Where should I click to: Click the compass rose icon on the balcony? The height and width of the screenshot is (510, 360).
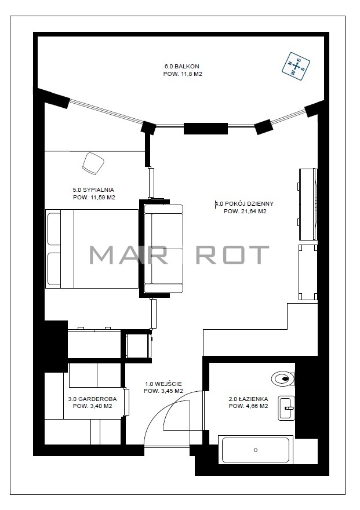point(295,66)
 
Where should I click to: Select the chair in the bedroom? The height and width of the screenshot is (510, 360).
point(93,163)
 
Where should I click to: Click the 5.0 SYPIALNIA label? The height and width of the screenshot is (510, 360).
point(93,190)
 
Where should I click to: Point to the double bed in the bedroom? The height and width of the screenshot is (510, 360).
point(92,249)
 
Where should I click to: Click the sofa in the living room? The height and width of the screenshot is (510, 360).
point(163,249)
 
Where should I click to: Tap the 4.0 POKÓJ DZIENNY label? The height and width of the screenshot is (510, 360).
point(245,204)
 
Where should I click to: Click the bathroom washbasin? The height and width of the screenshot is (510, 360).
point(286,408)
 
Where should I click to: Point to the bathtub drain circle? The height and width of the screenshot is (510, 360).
point(255,450)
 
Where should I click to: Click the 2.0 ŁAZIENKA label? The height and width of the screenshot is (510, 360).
point(249,399)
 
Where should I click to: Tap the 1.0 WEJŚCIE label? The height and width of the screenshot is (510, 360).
point(163,384)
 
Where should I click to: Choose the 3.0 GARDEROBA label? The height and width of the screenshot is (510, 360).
point(92,399)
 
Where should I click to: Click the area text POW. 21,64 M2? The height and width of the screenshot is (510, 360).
point(245,212)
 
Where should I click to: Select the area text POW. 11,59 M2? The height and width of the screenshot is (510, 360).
point(94,198)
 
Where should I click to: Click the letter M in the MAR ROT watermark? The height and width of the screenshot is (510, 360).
point(103,254)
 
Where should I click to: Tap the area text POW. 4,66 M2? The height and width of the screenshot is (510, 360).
point(249,406)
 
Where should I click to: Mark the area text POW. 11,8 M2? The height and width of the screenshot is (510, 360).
point(183,74)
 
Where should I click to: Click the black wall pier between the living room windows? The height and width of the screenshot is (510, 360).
point(206,129)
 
